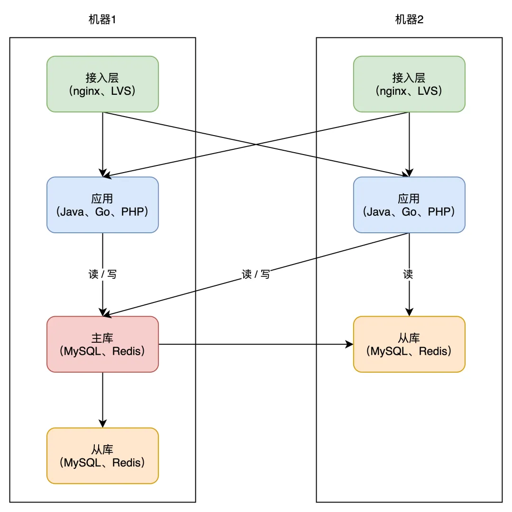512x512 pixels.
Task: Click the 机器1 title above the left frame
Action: pyautogui.click(x=102, y=19)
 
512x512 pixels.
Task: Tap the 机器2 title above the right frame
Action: pyautogui.click(x=409, y=19)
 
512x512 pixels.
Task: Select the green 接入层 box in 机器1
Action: pyautogui.click(x=102, y=84)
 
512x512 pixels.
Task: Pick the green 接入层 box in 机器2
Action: pyautogui.click(x=409, y=84)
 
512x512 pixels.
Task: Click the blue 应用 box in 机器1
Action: pyautogui.click(x=102, y=205)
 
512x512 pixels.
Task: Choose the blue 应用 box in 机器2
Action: pyautogui.click(x=409, y=205)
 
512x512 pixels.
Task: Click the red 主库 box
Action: pyautogui.click(x=102, y=344)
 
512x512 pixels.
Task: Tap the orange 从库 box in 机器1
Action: pyautogui.click(x=102, y=456)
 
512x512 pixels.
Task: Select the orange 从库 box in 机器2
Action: pyautogui.click(x=409, y=344)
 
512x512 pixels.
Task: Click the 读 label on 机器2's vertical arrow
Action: pyautogui.click(x=408, y=274)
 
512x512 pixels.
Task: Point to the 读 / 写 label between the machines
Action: pyautogui.click(x=256, y=274)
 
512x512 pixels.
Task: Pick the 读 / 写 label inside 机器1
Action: pyautogui.click(x=102, y=274)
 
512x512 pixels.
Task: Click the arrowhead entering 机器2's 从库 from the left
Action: pyautogui.click(x=349, y=344)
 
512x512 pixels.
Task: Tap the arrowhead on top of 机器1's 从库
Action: pyautogui.click(x=102, y=423)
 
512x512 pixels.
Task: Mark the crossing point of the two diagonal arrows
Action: pyautogui.click(x=256, y=144)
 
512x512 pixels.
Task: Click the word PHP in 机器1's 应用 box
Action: pyautogui.click(x=132, y=211)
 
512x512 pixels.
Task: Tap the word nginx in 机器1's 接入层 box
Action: pyautogui.click(x=87, y=91)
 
